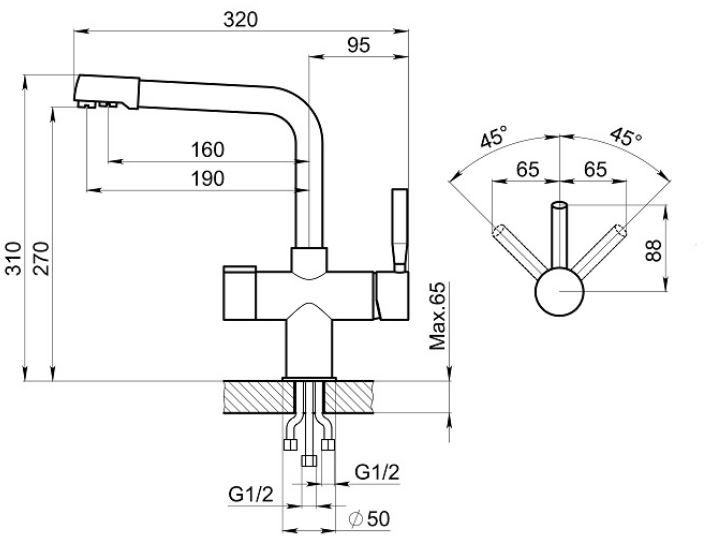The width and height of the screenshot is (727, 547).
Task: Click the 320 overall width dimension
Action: (241, 20)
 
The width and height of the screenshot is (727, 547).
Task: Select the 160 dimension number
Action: (206, 149)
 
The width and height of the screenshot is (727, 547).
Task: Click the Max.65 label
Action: (436, 317)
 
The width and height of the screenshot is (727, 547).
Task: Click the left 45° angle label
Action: (493, 137)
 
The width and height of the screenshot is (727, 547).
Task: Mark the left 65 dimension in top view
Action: (528, 169)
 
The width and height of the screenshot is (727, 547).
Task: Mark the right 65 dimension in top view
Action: (594, 169)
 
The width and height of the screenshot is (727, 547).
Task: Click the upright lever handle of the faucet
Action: (399, 229)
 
